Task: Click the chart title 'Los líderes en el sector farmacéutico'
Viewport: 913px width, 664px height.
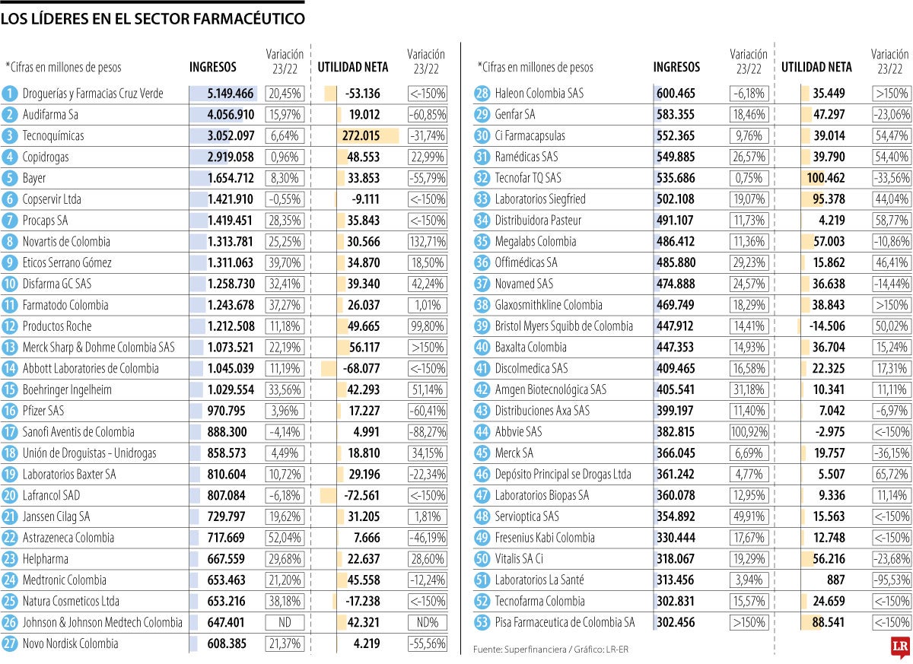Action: pyautogui.click(x=153, y=19)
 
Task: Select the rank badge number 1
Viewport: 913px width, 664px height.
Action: pyautogui.click(x=9, y=94)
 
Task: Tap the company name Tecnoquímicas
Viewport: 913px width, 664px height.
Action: pyautogui.click(x=53, y=136)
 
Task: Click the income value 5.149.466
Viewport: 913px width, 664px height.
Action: pyautogui.click(x=231, y=94)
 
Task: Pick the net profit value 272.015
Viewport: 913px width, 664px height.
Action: pyautogui.click(x=361, y=136)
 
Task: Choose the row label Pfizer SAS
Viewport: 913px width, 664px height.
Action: pyautogui.click(x=43, y=411)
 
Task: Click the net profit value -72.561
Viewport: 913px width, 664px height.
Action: pyautogui.click(x=362, y=495)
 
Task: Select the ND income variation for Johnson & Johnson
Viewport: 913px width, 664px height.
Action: pyautogui.click(x=284, y=622)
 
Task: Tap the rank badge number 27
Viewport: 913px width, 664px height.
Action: pyautogui.click(x=9, y=643)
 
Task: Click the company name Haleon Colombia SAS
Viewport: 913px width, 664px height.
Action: pyautogui.click(x=539, y=94)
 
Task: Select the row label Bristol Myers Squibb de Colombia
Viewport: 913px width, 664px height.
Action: pyautogui.click(x=564, y=326)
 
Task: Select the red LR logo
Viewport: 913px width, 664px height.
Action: pyautogui.click(x=900, y=646)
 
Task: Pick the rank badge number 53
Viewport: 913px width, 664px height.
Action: pyautogui.click(x=481, y=622)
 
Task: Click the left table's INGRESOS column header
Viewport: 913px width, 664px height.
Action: pyautogui.click(x=213, y=67)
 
